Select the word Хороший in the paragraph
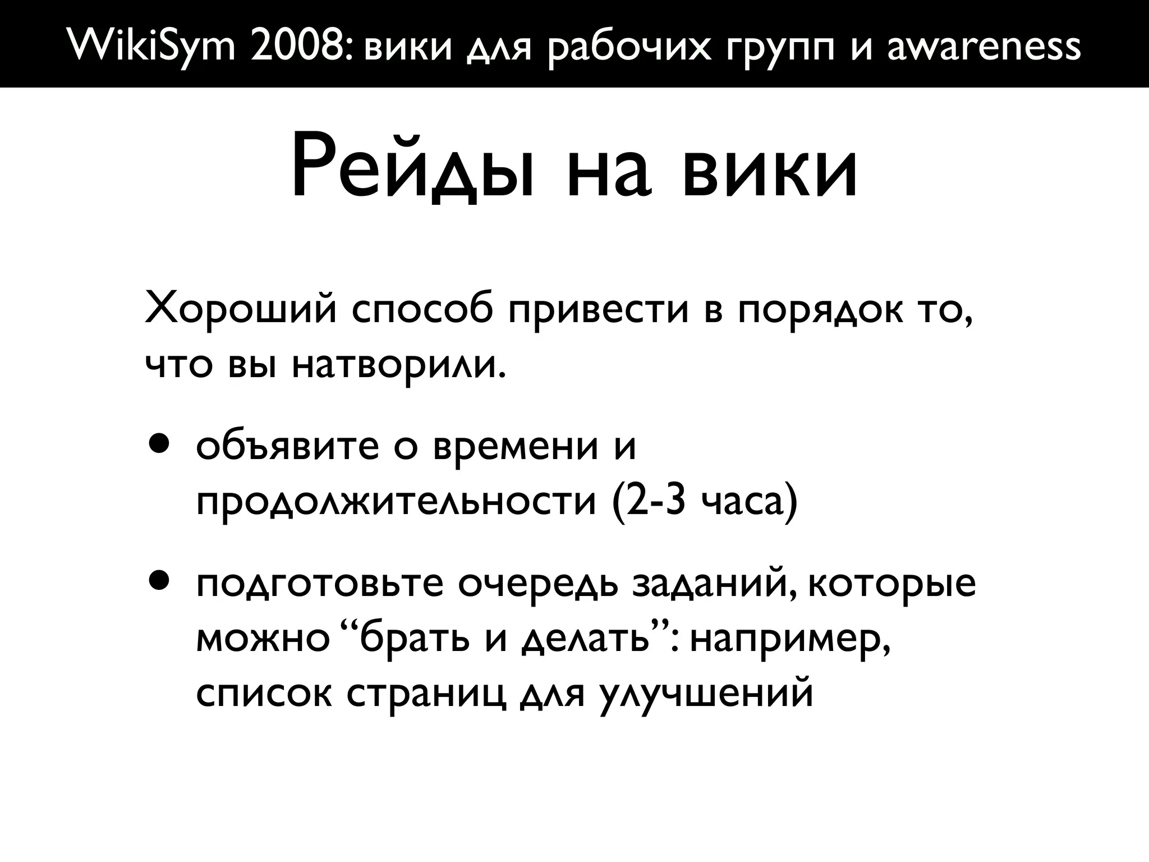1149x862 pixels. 241,310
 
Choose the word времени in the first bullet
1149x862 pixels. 516,447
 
